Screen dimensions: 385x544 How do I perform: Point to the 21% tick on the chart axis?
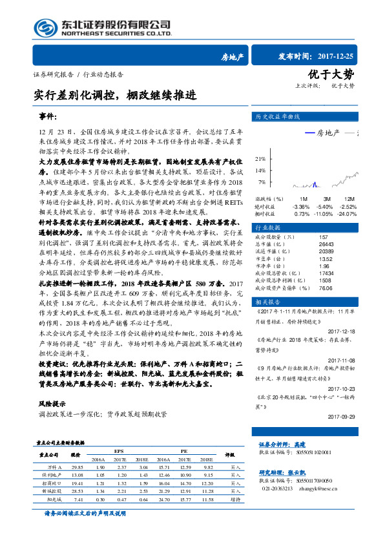coord(260,158)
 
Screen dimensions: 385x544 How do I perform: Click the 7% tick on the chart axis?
coord(262,183)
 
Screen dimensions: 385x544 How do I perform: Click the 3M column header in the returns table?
coord(327,198)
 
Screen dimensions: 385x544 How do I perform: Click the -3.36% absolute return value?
coord(302,206)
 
